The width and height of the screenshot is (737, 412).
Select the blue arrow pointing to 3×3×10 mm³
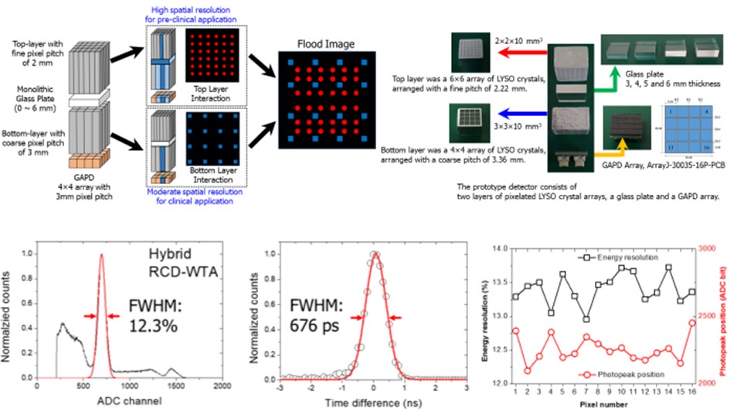click(524, 122)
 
